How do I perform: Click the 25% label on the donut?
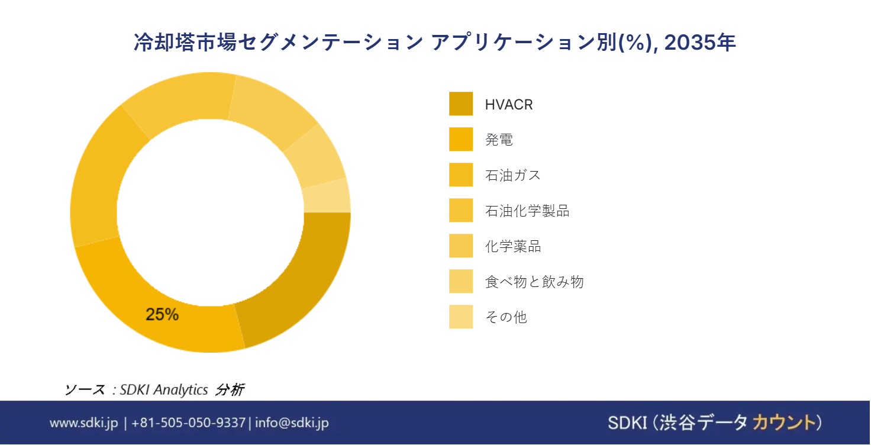point(162,314)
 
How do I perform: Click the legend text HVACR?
point(508,105)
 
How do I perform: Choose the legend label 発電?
point(498,140)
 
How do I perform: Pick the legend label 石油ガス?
point(512,175)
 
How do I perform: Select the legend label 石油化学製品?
point(527,211)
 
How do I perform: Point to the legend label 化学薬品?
point(512,246)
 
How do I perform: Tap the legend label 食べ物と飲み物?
point(534,282)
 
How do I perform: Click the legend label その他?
point(505,317)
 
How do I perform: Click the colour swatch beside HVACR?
point(460,104)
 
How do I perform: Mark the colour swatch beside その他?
point(460,317)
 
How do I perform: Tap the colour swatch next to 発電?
point(460,139)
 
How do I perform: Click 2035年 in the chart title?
point(700,43)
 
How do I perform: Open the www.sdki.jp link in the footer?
point(84,423)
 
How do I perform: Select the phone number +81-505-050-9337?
point(188,423)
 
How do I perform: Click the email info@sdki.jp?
point(292,423)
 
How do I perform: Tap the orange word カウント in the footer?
point(782,423)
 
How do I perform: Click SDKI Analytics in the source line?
point(164,390)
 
